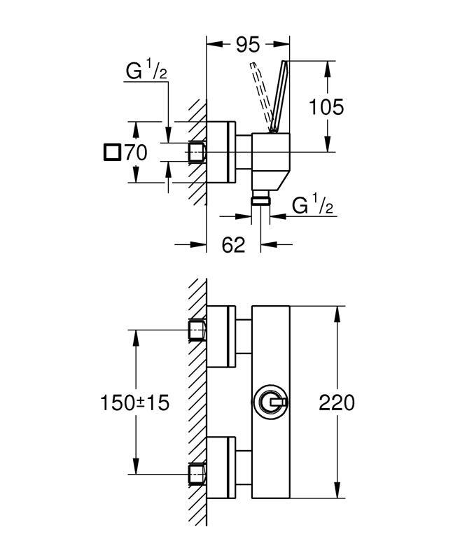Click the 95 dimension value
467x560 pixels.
pos(247,44)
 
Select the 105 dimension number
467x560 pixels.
pos(327,106)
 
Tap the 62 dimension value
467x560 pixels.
pos(234,245)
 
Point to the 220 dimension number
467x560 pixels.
pos(337,402)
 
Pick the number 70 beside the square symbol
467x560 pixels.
pos(136,152)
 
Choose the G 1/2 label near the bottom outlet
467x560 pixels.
pos(312,206)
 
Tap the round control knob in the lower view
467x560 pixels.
pos(270,403)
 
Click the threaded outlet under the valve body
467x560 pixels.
pos(262,199)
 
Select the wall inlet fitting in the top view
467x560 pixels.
pos(197,152)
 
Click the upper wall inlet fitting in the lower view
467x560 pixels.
pos(197,330)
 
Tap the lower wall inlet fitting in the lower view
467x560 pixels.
pos(197,475)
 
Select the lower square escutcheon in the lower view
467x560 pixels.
pos(223,469)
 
